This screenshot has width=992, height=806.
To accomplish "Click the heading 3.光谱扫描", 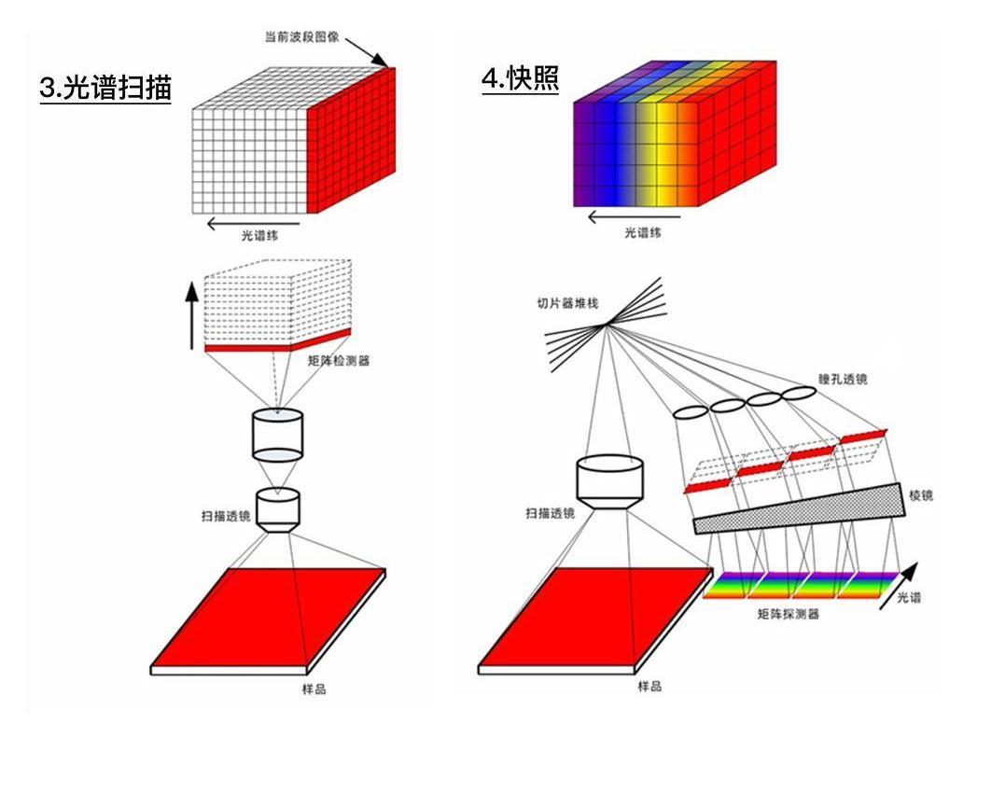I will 105,88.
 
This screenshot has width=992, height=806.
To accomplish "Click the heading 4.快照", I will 520,79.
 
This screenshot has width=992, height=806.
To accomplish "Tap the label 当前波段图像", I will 301,39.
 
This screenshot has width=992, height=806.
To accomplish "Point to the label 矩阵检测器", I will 339,360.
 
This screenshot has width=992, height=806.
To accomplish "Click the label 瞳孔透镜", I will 842,379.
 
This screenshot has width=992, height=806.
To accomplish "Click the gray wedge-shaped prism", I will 803,512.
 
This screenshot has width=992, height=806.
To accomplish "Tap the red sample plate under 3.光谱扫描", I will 268,616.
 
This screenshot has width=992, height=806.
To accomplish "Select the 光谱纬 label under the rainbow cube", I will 643,233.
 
